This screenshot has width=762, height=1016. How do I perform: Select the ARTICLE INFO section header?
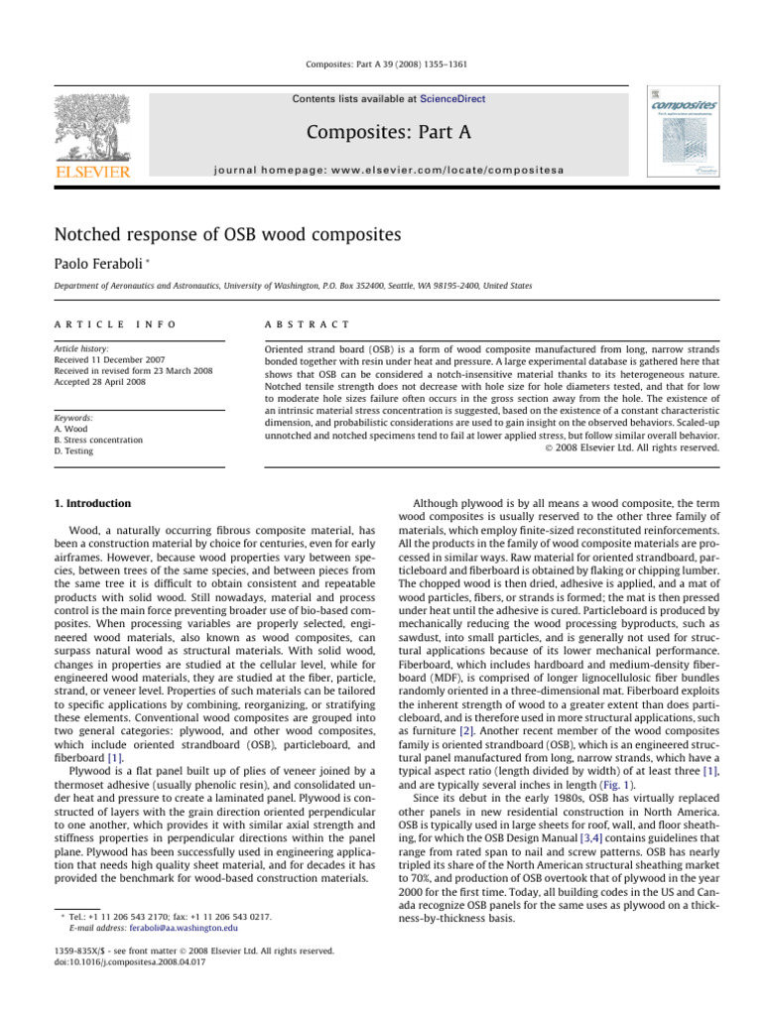(x=114, y=323)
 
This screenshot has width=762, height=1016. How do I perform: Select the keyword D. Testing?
(x=79, y=450)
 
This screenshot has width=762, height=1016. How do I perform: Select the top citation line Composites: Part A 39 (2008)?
(x=382, y=65)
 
